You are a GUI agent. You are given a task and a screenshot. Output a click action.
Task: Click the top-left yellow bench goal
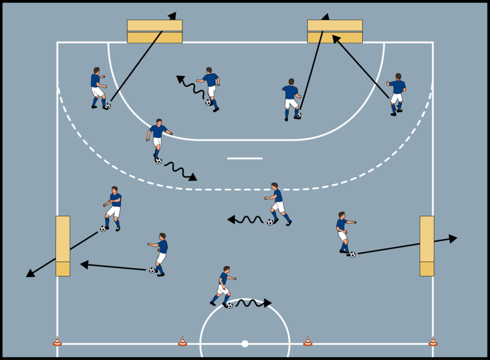155,31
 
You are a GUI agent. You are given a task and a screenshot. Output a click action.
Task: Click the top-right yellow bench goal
335,31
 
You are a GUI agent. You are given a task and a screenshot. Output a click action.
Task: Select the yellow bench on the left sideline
63,246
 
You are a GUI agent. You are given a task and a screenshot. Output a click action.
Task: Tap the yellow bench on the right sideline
427,246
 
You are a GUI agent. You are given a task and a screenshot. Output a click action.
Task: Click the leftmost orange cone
58,342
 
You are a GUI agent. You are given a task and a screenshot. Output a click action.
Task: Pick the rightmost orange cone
432,342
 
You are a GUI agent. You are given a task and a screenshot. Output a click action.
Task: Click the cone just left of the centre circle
182,342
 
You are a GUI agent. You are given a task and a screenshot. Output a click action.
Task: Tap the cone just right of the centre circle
308,342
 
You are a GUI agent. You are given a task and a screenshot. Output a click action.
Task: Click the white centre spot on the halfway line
245,344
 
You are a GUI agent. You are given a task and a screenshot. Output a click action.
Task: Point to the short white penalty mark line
245,158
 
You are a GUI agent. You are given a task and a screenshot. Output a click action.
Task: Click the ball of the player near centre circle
230,305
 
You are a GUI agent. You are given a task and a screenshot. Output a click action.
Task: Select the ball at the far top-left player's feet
107,106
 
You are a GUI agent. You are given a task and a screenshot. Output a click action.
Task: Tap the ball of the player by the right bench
352,254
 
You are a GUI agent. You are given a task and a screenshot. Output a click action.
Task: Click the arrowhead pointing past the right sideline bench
453,238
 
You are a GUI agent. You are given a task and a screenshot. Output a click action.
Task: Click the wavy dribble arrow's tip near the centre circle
268,303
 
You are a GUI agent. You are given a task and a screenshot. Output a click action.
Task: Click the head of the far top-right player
398,77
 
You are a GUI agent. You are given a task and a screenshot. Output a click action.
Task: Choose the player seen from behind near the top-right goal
291,99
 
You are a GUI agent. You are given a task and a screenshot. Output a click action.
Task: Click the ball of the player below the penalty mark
270,222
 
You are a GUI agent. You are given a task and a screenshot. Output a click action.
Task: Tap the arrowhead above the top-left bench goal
173,16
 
